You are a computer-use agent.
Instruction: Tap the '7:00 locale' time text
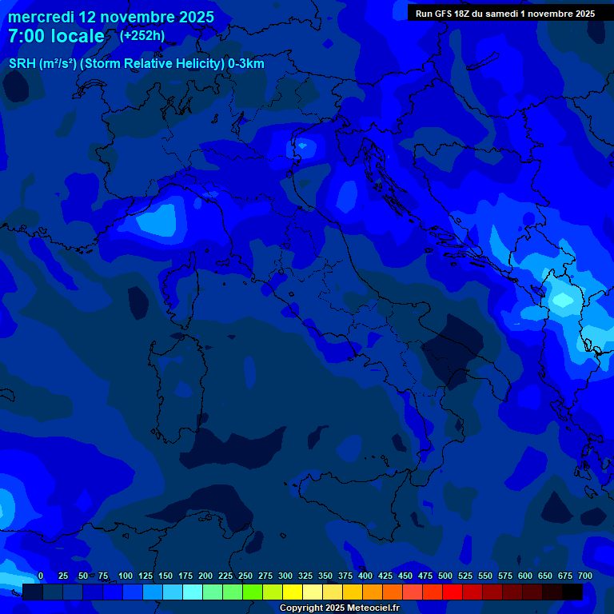coord(56,37)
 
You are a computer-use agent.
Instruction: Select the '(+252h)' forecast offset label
coord(142,36)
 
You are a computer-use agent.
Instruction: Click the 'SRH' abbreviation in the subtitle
coord(22,64)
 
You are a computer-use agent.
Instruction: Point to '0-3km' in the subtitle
coord(245,64)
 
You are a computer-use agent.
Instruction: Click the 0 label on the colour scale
coord(41,576)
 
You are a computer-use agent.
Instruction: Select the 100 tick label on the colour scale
coord(126,576)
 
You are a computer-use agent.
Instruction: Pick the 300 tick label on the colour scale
coord(285,576)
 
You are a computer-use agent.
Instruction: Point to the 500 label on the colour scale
coord(445,576)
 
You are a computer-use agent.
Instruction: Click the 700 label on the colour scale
coord(585,576)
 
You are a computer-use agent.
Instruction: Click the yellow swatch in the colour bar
coord(293,592)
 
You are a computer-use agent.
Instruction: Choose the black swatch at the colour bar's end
coord(572,592)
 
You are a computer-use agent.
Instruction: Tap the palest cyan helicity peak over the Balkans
coord(564,301)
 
